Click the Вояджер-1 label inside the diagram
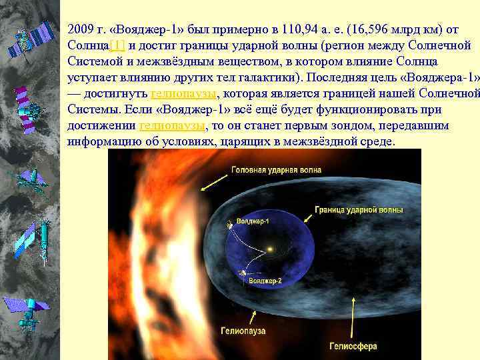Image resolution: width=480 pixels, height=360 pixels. pos(253,221)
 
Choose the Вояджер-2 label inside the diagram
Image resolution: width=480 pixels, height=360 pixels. pos(265,281)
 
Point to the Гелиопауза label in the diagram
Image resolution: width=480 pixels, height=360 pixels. pos(243,330)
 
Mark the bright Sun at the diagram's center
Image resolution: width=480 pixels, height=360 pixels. pos(271,251)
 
